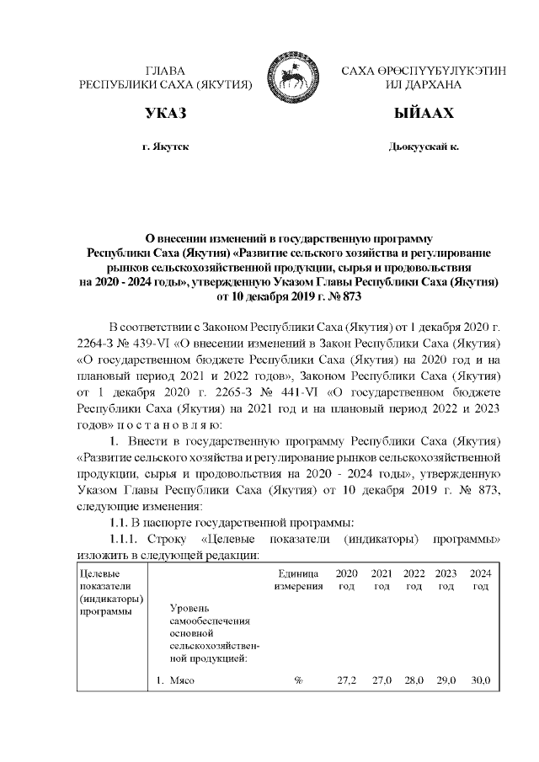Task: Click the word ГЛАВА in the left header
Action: click(166, 72)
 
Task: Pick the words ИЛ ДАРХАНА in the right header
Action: click(424, 85)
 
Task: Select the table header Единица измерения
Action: click(299, 579)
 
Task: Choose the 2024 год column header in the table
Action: click(479, 579)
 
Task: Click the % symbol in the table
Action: click(299, 680)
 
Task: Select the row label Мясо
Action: click(182, 680)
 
